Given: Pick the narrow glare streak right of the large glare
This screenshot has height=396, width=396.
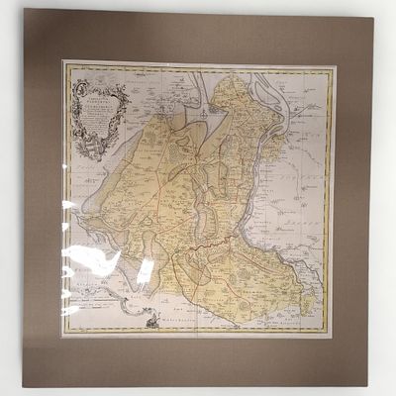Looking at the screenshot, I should tap(145, 269).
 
